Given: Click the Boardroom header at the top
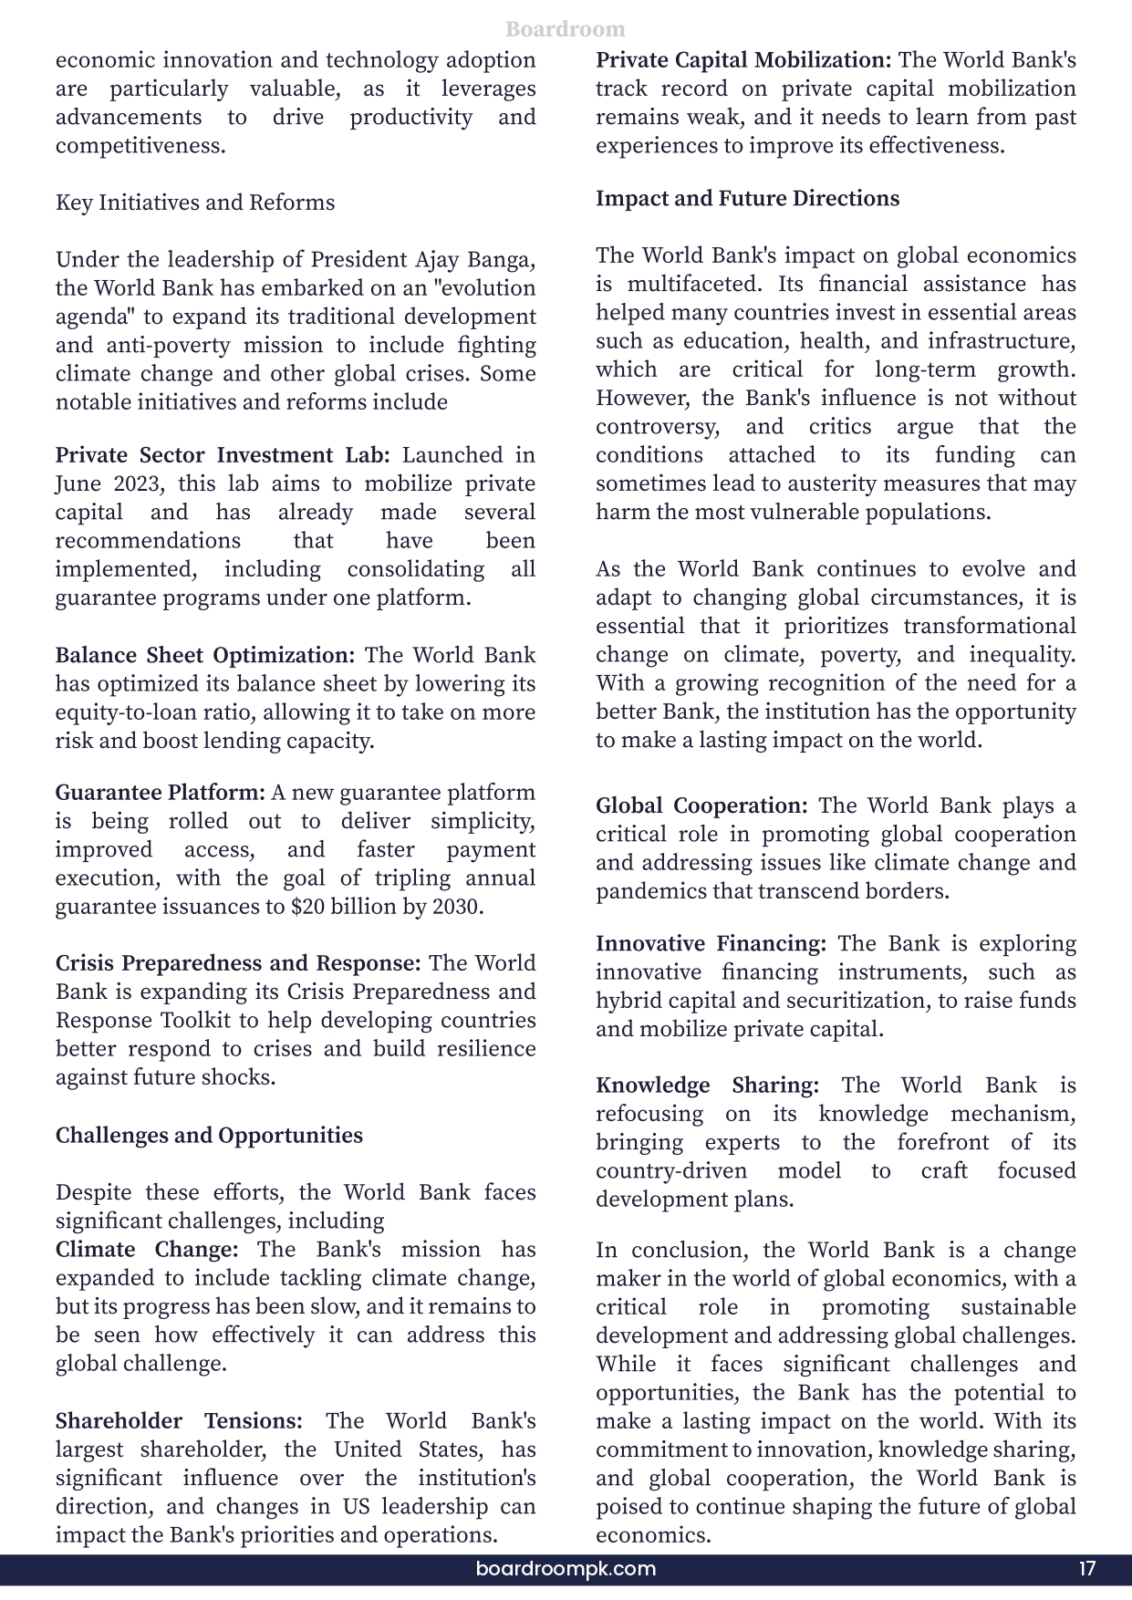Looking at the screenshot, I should coord(566,29).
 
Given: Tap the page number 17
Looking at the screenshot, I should coord(1086,1569).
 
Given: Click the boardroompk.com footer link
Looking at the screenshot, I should coord(566,1569).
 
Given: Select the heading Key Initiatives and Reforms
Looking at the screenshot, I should coord(195,203).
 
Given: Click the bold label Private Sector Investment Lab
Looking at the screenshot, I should coord(223,455).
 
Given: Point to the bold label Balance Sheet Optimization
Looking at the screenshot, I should coord(205,655).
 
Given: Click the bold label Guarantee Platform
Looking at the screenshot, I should coord(161,793).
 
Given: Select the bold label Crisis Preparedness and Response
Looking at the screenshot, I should coord(238,963).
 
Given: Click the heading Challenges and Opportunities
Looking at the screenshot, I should coord(209,1136).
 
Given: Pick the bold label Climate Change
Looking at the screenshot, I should coord(147,1250).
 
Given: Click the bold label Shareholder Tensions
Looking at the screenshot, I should coord(179,1421).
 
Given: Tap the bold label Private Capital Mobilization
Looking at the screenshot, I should coord(743,60).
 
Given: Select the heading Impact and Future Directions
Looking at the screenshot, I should coord(747,199).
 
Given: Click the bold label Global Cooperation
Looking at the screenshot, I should coord(701,806).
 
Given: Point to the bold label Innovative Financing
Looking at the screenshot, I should coord(711,943).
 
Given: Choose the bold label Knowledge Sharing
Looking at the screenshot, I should coord(707,1086).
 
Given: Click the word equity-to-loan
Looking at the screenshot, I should coord(118,712).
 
